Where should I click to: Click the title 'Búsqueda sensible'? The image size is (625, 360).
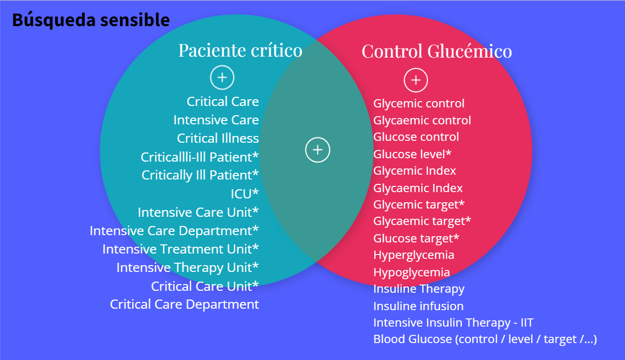coord(91,20)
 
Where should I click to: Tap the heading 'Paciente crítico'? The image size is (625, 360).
coord(240,50)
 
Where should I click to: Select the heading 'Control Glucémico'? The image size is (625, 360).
coord(437,51)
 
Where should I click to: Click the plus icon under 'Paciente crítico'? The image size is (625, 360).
coord(222,77)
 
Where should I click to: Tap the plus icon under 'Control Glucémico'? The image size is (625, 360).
coord(416,80)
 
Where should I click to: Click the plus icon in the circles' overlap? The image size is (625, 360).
coord(318,150)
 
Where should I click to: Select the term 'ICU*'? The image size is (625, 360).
coord(244,194)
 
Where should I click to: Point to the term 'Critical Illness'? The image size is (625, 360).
coord(218,138)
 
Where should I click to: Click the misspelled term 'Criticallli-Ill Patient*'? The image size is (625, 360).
coord(199,157)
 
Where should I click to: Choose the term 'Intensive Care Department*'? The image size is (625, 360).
coord(174,231)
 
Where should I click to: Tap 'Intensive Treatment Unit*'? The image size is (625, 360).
coord(181,249)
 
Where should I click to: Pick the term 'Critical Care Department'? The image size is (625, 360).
coord(184,304)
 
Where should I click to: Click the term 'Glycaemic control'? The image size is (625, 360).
coord(422,120)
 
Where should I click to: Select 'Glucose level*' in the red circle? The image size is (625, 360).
coord(412,154)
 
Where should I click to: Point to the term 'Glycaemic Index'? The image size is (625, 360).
coord(418,188)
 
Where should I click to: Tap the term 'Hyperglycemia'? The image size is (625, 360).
coord(413,255)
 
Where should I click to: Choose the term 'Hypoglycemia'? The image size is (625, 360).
coord(412,272)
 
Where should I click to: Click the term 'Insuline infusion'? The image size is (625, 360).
coord(418,306)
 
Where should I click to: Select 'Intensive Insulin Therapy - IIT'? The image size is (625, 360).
coord(453,323)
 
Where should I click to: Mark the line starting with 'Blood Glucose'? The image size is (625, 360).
coord(485,339)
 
